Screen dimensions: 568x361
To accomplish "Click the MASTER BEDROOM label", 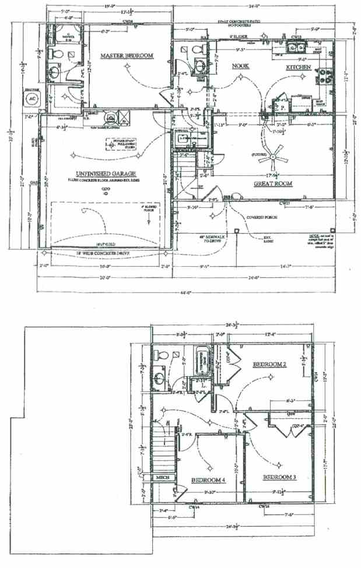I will (x=127, y=56).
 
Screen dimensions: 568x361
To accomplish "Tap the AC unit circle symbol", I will (x=30, y=99).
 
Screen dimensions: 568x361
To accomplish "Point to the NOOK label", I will (x=241, y=66).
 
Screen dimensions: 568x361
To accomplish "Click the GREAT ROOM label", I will (x=273, y=184).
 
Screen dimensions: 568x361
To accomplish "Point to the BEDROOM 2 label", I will (x=269, y=364).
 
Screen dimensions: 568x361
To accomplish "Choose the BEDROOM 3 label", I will (x=279, y=478).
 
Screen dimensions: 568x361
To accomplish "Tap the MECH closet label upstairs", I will (x=163, y=478).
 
